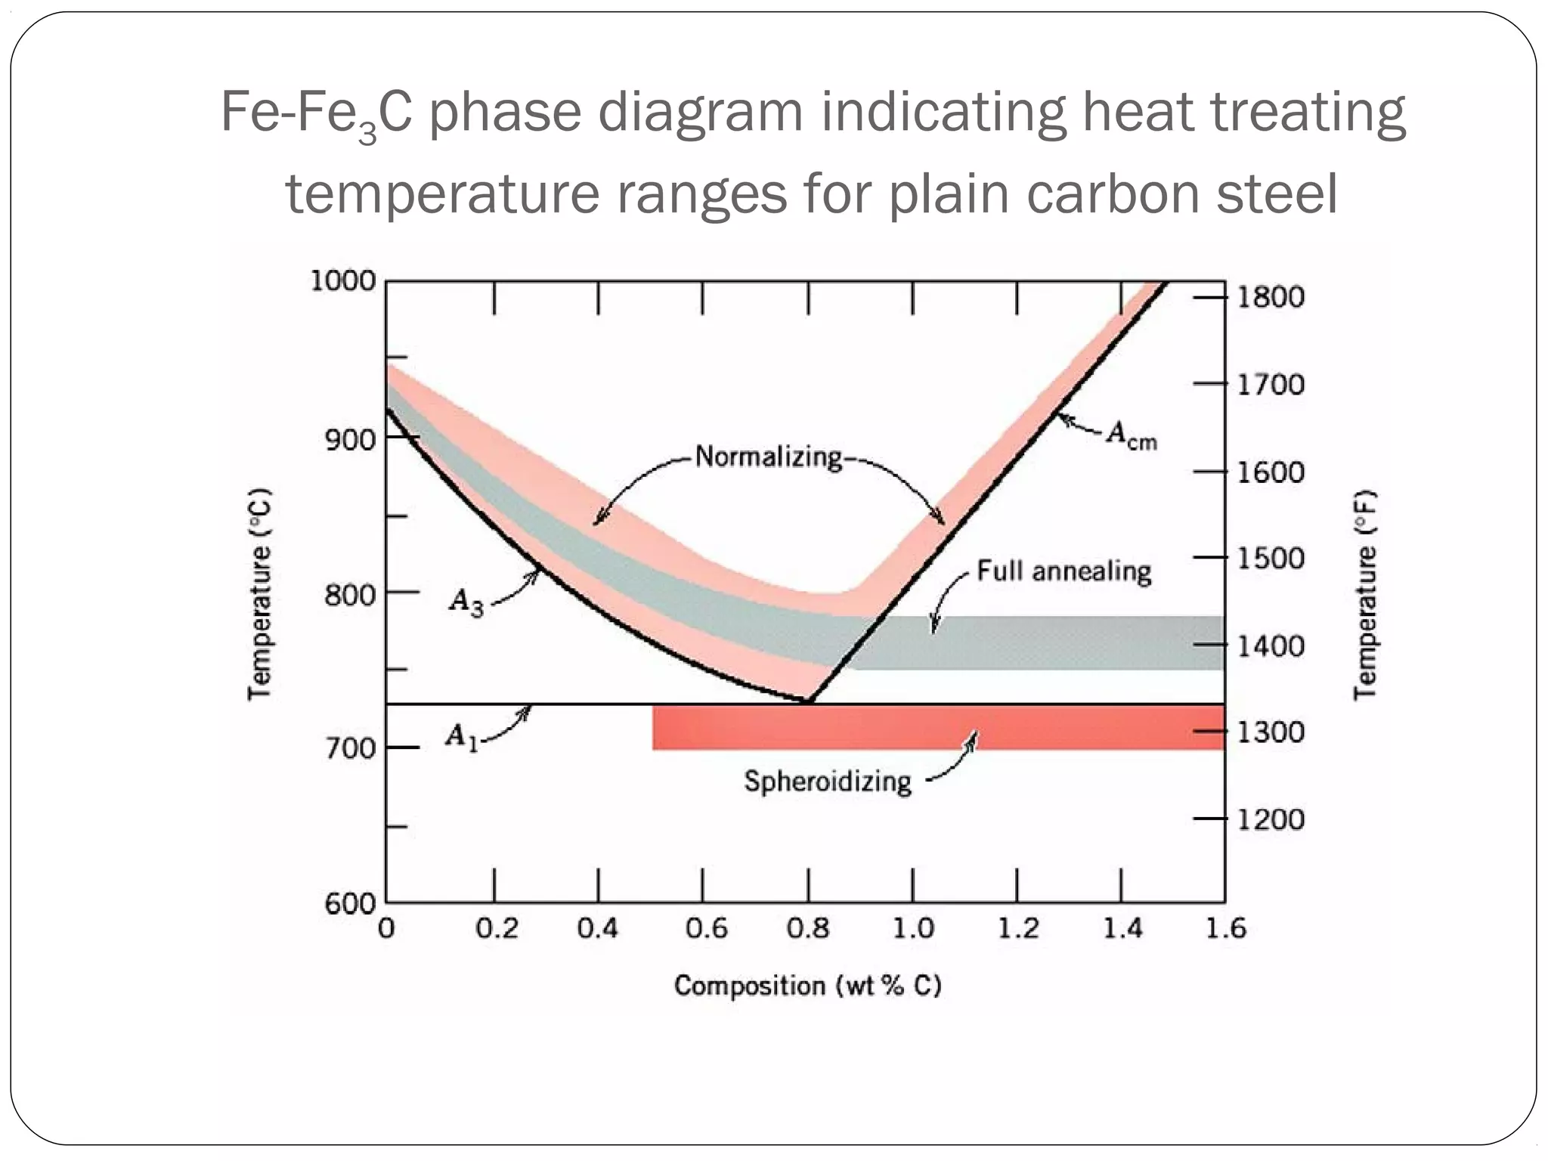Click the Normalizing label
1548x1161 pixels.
(768, 457)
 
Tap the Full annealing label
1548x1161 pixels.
(1063, 571)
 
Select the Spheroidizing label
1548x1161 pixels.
(828, 781)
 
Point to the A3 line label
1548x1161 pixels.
(466, 602)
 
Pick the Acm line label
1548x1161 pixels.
(1132, 436)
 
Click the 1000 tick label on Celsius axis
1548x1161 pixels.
(343, 281)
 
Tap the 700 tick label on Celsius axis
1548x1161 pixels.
(350, 748)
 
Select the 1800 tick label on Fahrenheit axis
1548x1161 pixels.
(1270, 297)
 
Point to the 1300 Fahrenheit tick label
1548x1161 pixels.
(1270, 732)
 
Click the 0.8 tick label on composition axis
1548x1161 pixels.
(808, 928)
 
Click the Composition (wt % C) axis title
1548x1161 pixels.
(807, 986)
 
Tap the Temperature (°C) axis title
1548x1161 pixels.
(259, 595)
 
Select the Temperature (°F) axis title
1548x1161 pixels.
(1364, 595)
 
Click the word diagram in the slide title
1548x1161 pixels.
(701, 112)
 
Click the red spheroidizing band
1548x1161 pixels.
(937, 727)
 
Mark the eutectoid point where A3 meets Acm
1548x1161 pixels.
(809, 701)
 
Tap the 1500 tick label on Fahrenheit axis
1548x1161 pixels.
(1270, 559)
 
